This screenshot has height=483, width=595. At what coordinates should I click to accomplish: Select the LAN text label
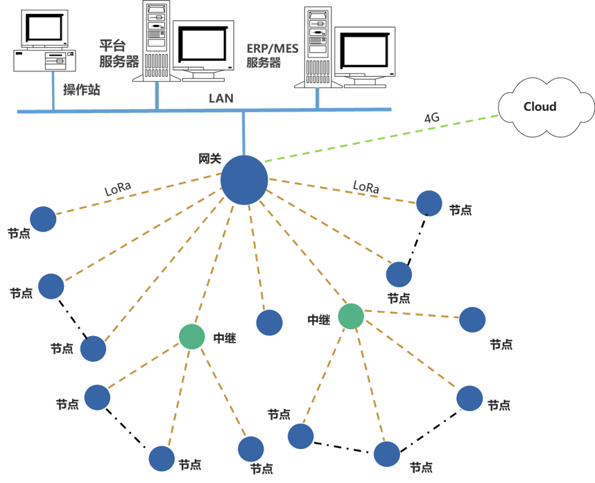(x=221, y=99)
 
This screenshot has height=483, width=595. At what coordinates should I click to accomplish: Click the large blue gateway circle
(x=244, y=180)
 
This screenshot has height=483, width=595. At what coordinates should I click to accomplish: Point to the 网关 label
(x=209, y=159)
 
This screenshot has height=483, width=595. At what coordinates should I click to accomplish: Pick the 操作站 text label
(x=82, y=89)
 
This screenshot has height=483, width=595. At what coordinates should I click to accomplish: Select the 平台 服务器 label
(x=113, y=54)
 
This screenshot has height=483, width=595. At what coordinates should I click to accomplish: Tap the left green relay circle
(x=192, y=336)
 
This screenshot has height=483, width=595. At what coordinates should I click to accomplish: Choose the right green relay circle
(x=351, y=316)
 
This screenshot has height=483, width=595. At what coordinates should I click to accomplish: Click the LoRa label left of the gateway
(x=118, y=188)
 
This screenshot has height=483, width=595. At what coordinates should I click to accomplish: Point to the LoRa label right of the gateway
(x=366, y=186)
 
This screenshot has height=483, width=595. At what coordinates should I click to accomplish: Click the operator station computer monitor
(x=46, y=28)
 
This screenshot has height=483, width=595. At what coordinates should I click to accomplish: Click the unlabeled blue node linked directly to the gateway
(x=269, y=323)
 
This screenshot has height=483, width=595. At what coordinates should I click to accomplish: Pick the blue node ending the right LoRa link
(x=429, y=203)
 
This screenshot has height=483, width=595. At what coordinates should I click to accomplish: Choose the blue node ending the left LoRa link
(x=43, y=219)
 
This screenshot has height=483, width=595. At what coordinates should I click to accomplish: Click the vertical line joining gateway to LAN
(x=243, y=132)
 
